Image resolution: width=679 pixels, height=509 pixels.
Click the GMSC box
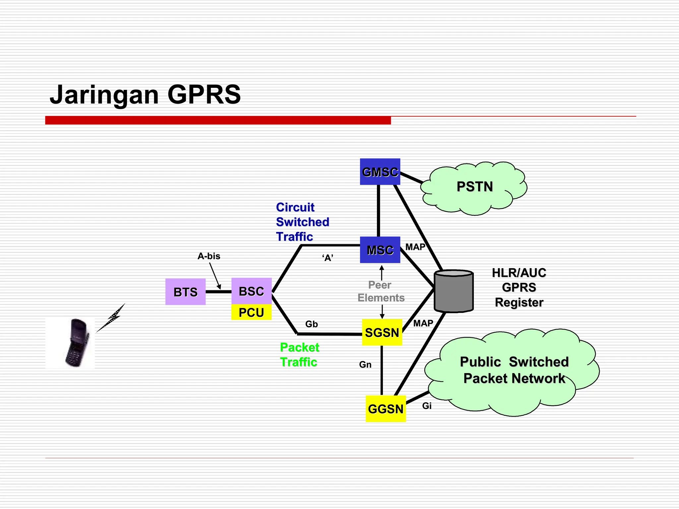click(x=380, y=172)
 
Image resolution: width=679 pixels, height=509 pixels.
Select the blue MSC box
click(x=380, y=250)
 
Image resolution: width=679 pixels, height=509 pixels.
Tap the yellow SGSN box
click(x=382, y=332)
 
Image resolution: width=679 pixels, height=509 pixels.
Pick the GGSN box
click(x=386, y=409)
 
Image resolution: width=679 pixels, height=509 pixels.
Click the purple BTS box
click(x=185, y=292)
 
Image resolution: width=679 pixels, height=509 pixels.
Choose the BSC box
click(x=251, y=291)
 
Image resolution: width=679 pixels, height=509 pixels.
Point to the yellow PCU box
click(x=251, y=312)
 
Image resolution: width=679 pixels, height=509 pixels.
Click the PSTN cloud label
click(x=474, y=187)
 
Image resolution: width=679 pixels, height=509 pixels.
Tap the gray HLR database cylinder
click(x=454, y=292)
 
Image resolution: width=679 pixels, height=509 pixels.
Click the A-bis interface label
click(x=209, y=256)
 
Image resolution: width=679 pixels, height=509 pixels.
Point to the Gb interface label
click(x=311, y=324)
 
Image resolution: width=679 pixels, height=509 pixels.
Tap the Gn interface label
click(x=365, y=365)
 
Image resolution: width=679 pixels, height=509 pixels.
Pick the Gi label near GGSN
click(x=427, y=406)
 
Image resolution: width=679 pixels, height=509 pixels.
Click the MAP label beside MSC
click(x=415, y=247)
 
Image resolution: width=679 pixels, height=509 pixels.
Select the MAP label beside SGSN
click(x=423, y=323)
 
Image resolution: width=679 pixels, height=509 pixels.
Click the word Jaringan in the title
click(x=104, y=95)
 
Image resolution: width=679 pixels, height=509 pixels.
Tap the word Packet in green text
click(x=299, y=347)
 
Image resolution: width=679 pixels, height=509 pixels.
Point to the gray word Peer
click(x=380, y=285)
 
